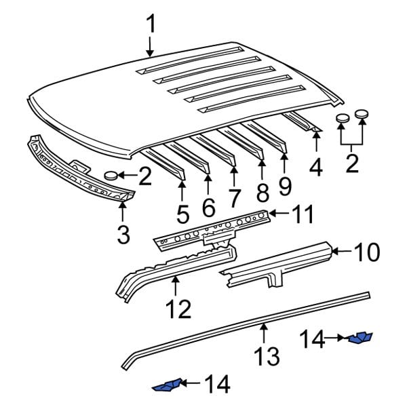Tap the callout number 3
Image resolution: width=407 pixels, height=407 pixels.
[x=123, y=234]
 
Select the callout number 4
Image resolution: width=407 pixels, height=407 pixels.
[x=315, y=166]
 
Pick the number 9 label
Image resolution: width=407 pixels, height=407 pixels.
[x=284, y=185]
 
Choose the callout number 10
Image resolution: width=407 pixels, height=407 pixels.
[x=367, y=252]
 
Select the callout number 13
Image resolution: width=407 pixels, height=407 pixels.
[x=267, y=354]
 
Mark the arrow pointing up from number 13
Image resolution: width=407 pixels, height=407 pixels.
[x=264, y=334]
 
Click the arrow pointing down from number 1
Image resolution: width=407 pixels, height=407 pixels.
[x=151, y=45]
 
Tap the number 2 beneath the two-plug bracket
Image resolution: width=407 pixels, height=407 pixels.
[x=352, y=163]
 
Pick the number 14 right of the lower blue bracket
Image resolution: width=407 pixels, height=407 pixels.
[x=216, y=385]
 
